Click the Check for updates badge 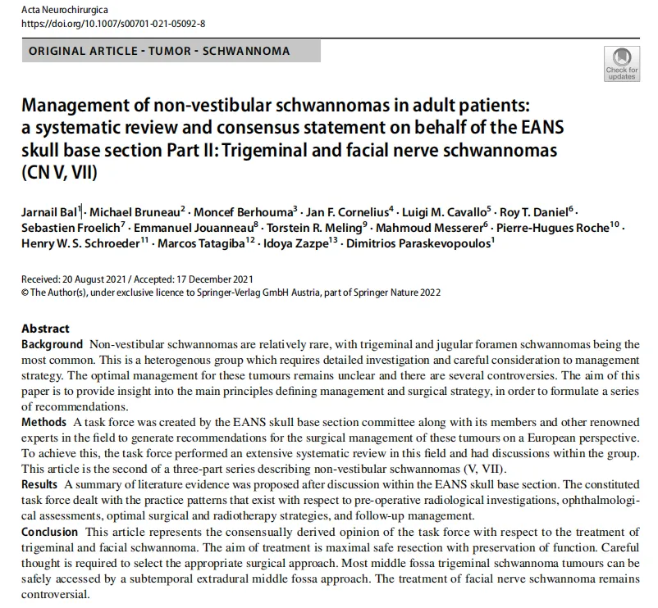pos(621,63)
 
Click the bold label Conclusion pos(51,533)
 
